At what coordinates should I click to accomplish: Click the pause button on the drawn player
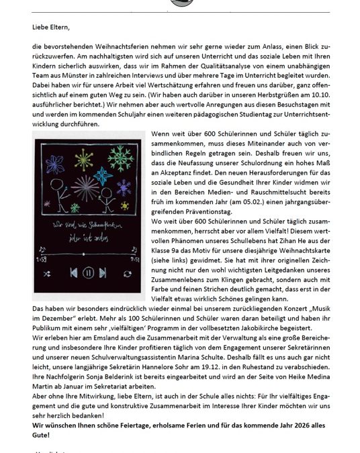point(88,274)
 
